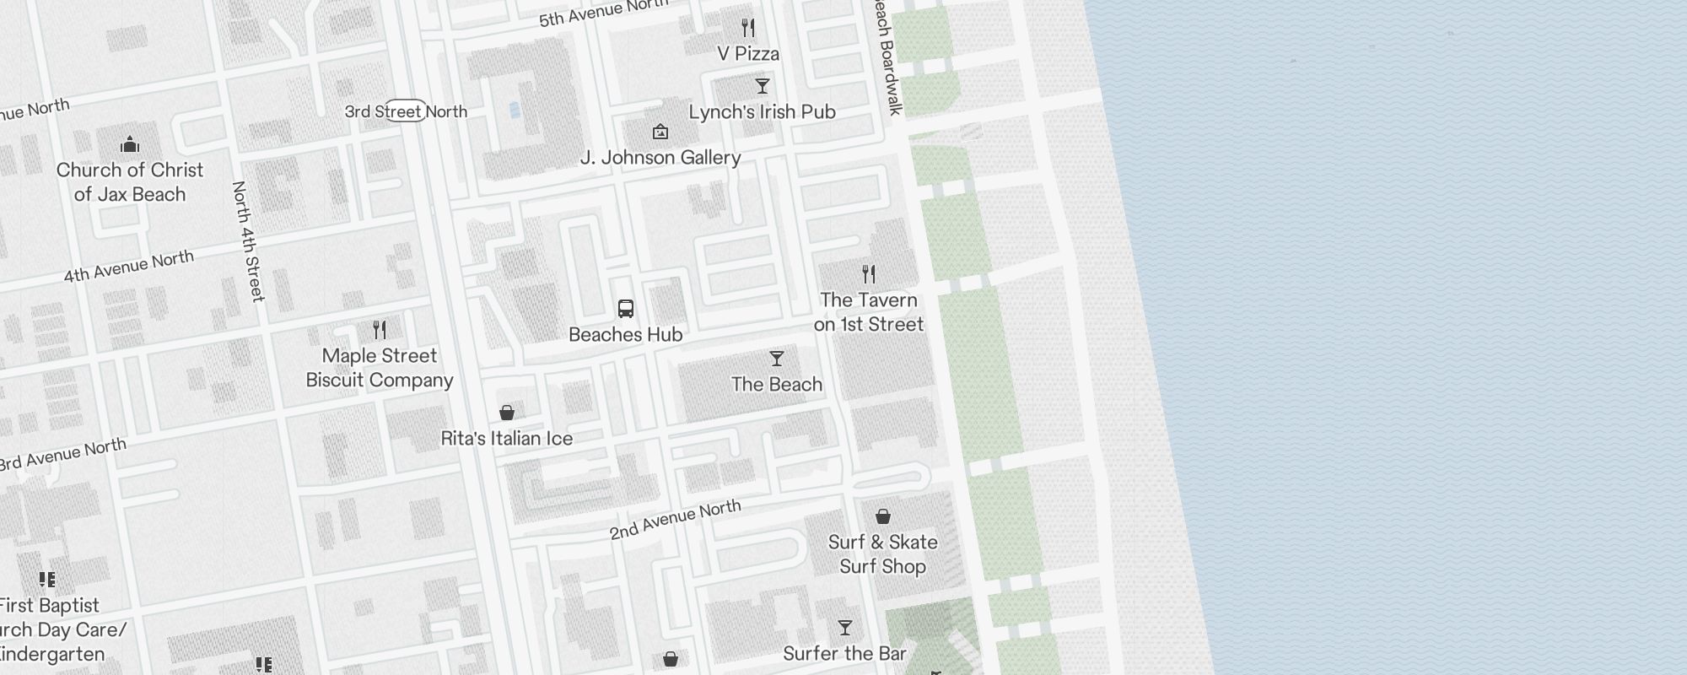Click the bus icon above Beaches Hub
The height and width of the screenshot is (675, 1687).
[x=625, y=309]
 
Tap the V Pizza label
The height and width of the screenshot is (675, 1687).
[x=748, y=54]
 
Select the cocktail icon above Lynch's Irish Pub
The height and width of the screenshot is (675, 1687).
[x=762, y=86]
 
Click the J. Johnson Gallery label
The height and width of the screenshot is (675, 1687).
[x=660, y=158]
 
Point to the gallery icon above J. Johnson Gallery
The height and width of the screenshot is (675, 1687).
[x=660, y=132]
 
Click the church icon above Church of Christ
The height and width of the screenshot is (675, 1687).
[x=129, y=144]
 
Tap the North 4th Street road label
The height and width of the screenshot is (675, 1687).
[x=248, y=241]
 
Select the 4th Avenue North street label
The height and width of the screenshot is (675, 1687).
[x=129, y=267]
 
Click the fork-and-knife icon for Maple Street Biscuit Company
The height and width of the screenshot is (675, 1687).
[x=380, y=329]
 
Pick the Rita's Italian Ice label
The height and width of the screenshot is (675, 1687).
[x=506, y=439]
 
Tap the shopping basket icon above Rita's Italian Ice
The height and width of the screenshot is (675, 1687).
[x=507, y=412]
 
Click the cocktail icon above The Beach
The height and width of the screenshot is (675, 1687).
[x=776, y=359]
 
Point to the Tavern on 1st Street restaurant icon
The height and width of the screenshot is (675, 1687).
[x=869, y=273]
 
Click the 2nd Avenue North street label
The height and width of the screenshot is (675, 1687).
[x=675, y=519]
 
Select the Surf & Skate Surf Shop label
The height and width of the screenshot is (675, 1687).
[x=882, y=554]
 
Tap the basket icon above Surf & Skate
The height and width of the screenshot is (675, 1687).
[x=882, y=516]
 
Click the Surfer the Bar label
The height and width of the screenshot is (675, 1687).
[x=844, y=654]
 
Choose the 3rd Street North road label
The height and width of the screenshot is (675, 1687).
[x=406, y=111]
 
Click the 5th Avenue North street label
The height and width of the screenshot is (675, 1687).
[x=602, y=13]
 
